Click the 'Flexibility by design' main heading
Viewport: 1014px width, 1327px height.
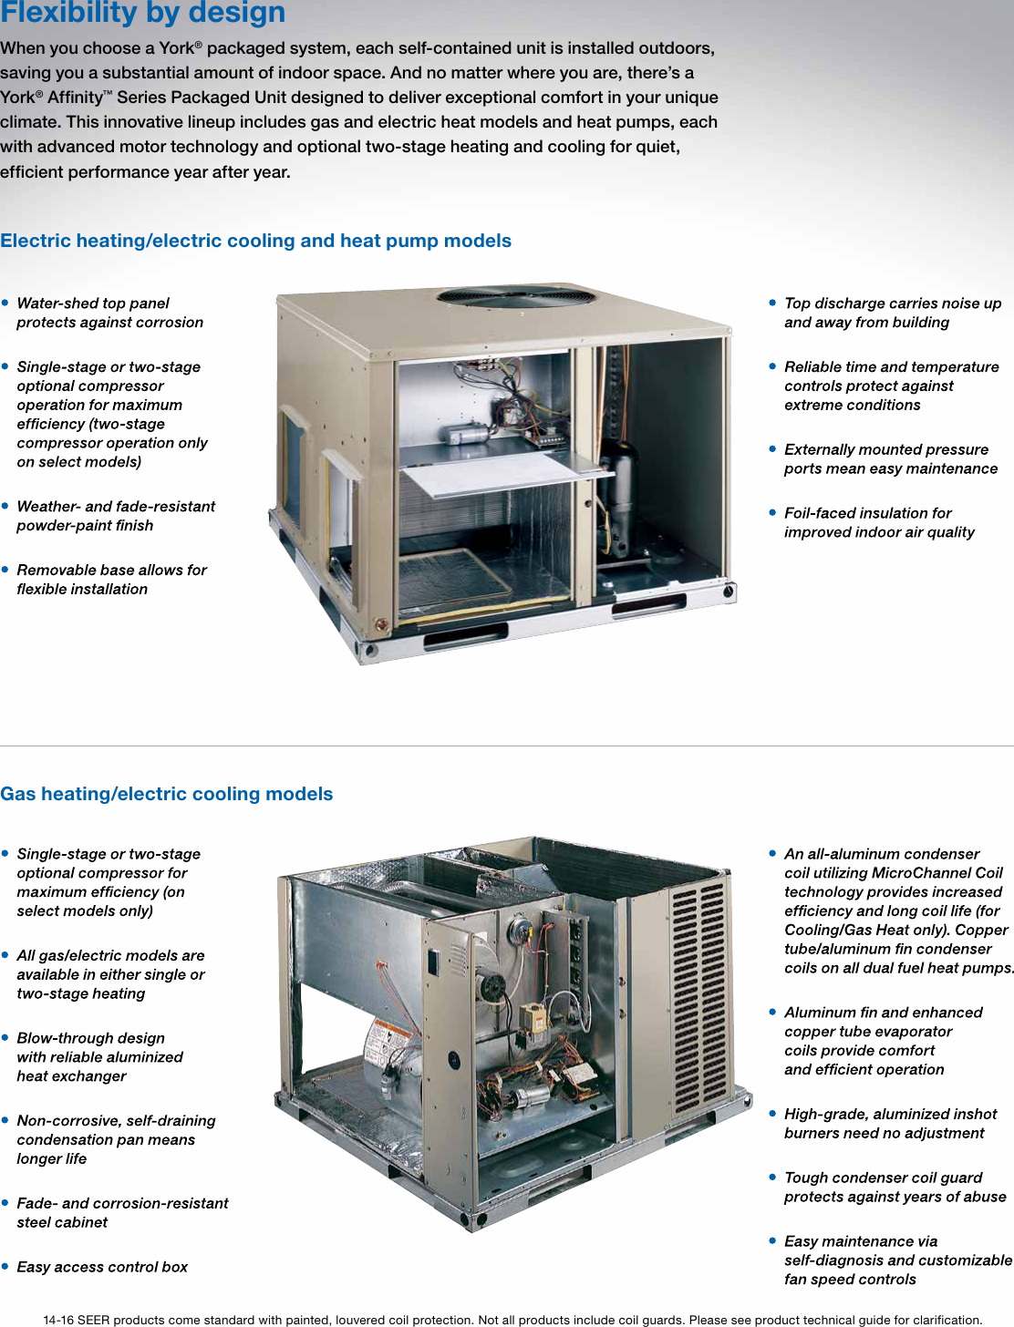tap(143, 13)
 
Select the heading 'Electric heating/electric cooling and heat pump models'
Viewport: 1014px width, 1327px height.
tap(255, 241)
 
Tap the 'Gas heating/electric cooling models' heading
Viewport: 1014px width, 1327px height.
tap(167, 794)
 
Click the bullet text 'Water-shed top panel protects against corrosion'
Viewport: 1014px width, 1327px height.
tap(109, 313)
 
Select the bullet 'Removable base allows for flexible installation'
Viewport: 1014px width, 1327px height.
tap(111, 580)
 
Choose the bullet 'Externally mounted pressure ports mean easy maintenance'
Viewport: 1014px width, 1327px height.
tap(890, 458)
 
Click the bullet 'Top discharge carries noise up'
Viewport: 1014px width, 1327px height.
tap(892, 313)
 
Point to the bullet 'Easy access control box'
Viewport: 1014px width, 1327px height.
tap(102, 1267)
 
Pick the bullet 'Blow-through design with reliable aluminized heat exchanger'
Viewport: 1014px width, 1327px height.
tap(99, 1057)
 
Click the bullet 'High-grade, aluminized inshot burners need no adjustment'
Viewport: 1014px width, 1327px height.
tap(890, 1123)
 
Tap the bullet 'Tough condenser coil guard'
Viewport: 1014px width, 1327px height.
tap(895, 1187)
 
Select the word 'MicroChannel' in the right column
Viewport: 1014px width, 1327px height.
tap(917, 873)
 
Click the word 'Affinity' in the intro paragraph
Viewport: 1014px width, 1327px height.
tap(75, 98)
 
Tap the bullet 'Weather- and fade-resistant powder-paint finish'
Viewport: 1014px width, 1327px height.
tap(116, 516)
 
